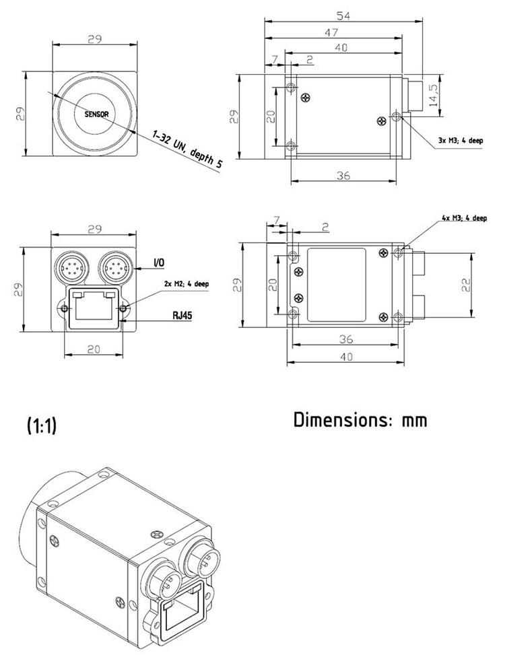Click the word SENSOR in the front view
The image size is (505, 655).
[x=96, y=114]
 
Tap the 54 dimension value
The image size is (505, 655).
[x=343, y=16]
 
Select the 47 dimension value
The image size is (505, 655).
[x=332, y=32]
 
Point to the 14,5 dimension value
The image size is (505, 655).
[x=433, y=95]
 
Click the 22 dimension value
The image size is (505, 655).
[x=466, y=285]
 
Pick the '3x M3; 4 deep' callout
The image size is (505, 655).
[x=461, y=140]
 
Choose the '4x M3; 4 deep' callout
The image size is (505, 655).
[x=465, y=218]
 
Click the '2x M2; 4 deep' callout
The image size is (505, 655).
[x=186, y=284]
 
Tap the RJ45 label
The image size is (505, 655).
[x=182, y=315]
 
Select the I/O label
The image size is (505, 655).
[x=159, y=263]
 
